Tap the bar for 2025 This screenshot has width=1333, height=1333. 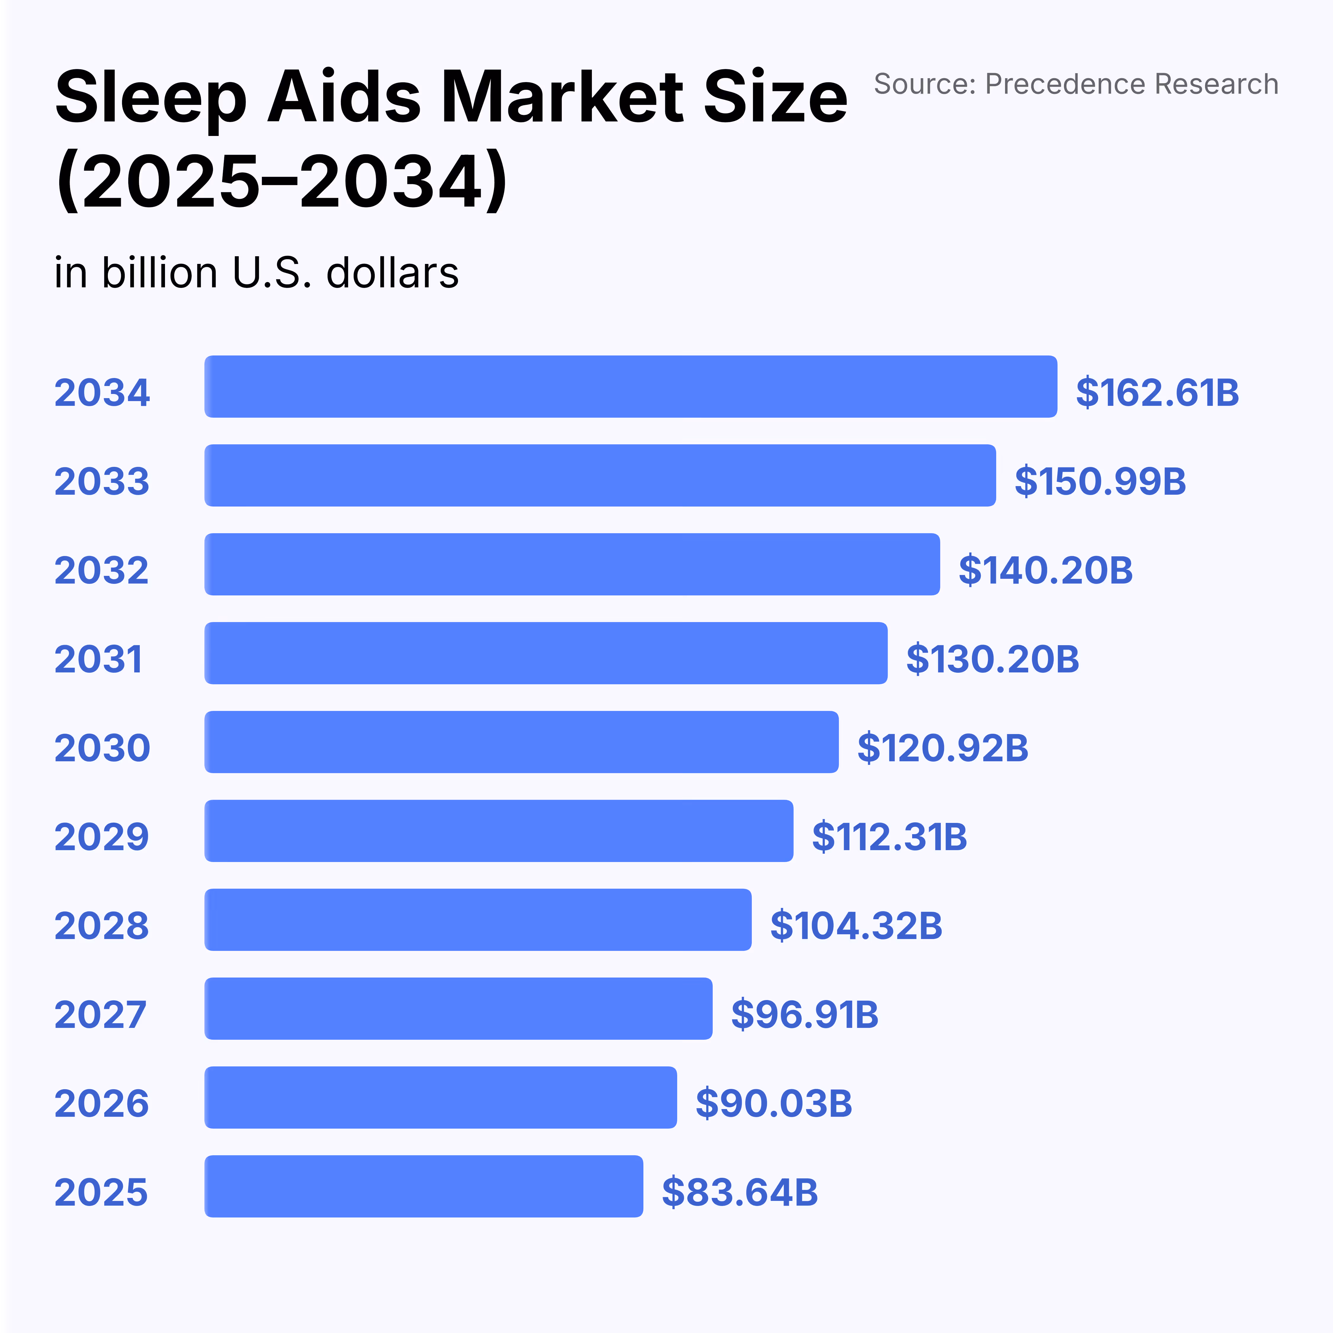(424, 1186)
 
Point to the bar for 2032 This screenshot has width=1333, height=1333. (572, 564)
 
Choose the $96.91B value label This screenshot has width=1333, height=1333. (805, 1014)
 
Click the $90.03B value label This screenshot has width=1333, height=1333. (773, 1103)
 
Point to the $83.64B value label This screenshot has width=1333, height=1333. (740, 1192)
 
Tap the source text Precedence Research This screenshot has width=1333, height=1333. (1132, 84)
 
